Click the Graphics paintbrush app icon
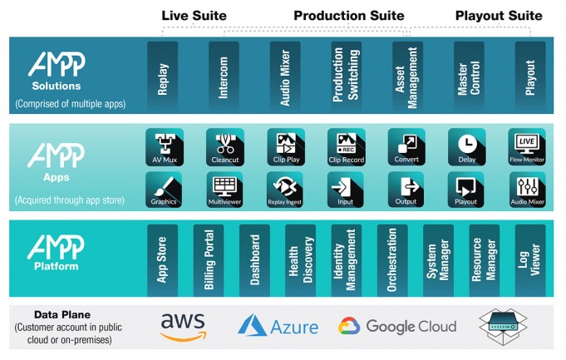[x=164, y=189]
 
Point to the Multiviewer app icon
[x=224, y=189]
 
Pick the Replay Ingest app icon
[x=285, y=189]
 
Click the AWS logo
[x=183, y=326]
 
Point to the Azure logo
[x=278, y=326]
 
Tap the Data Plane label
[x=57, y=315]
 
